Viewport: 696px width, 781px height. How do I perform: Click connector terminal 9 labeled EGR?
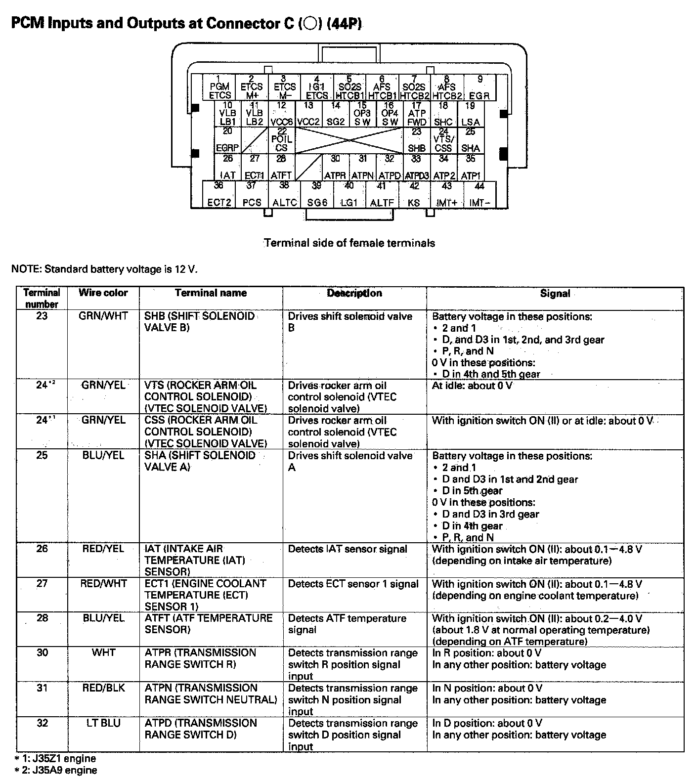pos(479,88)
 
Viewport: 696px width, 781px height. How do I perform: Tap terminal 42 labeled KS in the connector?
pos(414,194)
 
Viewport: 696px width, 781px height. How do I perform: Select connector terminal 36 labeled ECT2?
pos(219,194)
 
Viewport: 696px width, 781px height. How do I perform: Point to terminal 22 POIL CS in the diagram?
pos(281,140)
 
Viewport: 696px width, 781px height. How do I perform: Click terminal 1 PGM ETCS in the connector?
pos(219,88)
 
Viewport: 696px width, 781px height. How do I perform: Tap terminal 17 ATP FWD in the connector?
pos(417,114)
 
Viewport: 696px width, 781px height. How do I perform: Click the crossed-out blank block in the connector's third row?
pos(349,140)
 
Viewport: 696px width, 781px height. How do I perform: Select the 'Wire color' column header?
pos(103,293)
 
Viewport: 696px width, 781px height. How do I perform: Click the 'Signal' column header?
pos(555,294)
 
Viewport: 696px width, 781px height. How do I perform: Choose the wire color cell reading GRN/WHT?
pos(103,316)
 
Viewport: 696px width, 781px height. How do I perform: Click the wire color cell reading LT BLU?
pos(103,723)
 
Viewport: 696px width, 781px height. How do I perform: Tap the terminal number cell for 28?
pos(42,618)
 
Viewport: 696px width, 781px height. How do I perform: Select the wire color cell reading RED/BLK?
pos(103,688)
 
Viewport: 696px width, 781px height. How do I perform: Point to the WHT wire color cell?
pos(103,652)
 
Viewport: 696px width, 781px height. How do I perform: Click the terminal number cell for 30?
pos(42,652)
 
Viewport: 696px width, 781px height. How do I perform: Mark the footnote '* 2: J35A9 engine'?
pos(55,770)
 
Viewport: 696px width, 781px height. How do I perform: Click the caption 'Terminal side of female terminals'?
pos(349,243)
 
